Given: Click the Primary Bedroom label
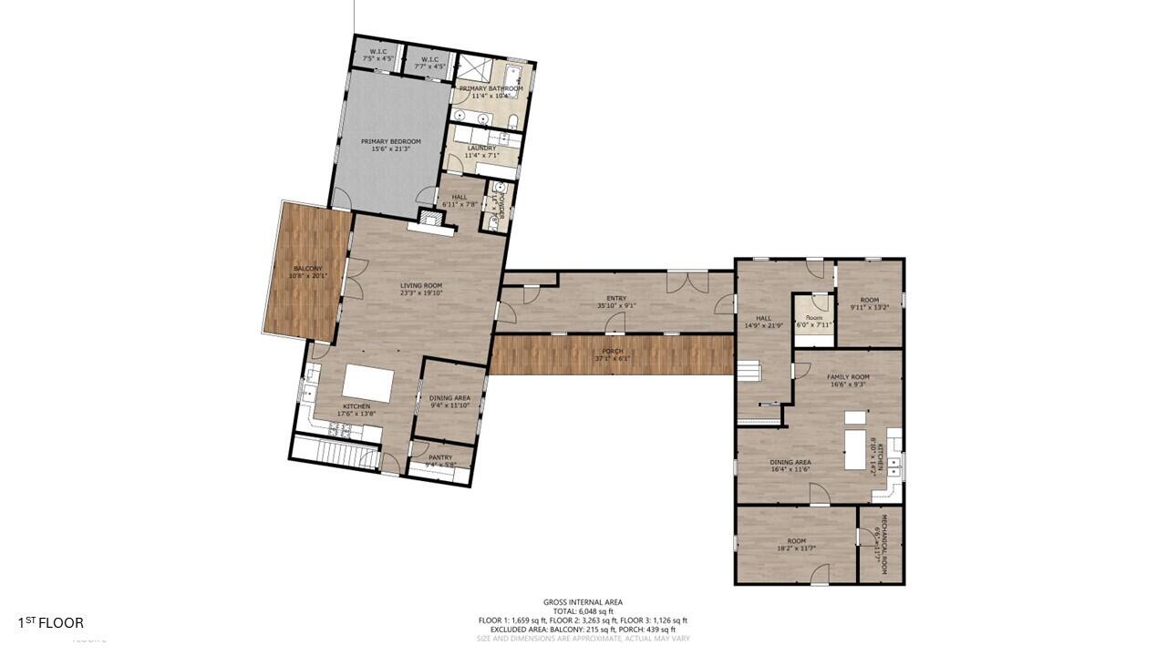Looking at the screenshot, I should point(390,142).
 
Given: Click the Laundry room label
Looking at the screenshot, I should point(481,148).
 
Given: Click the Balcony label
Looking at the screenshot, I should point(307,269).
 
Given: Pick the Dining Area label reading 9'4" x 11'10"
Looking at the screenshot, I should point(449,398).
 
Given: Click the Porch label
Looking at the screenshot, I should point(612,352).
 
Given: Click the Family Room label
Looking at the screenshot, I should point(847,377).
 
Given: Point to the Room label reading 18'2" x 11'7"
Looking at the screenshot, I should point(797,545).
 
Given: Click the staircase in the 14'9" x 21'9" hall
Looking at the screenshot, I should point(749,372).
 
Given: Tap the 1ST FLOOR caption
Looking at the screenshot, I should point(51,623).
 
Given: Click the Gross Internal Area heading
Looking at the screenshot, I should point(583,602).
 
